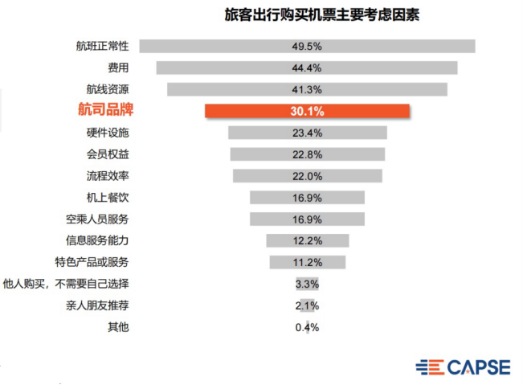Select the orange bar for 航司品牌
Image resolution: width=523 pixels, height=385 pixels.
click(308, 111)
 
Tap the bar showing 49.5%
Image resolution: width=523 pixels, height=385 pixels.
click(308, 46)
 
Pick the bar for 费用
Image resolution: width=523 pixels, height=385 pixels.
click(308, 68)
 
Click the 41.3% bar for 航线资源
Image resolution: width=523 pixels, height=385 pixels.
click(308, 89)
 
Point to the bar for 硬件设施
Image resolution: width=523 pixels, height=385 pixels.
click(308, 133)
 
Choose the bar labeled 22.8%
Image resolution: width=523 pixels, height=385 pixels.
click(308, 154)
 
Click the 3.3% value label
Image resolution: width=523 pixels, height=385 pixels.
click(308, 284)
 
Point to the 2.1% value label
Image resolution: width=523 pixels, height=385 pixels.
click(308, 305)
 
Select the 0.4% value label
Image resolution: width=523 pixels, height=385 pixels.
click(308, 327)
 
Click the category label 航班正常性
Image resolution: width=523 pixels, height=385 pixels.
click(102, 46)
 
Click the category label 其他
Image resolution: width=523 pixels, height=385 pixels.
click(118, 327)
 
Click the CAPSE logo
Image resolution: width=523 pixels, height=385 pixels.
click(463, 367)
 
